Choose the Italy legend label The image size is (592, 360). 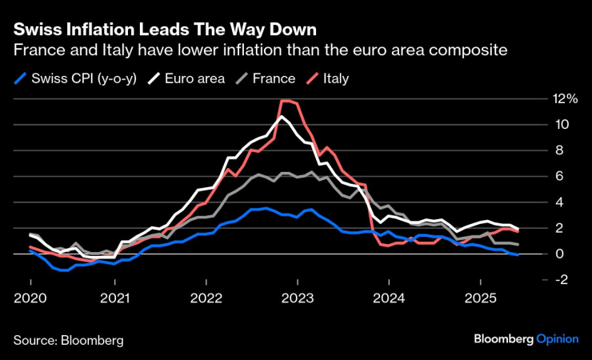(335, 78)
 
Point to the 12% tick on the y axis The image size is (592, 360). (561, 98)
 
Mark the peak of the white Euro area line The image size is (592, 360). (281, 117)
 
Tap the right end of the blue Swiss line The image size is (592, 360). (518, 254)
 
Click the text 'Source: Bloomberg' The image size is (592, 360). (68, 340)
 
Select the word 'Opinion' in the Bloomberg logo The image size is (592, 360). (557, 339)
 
